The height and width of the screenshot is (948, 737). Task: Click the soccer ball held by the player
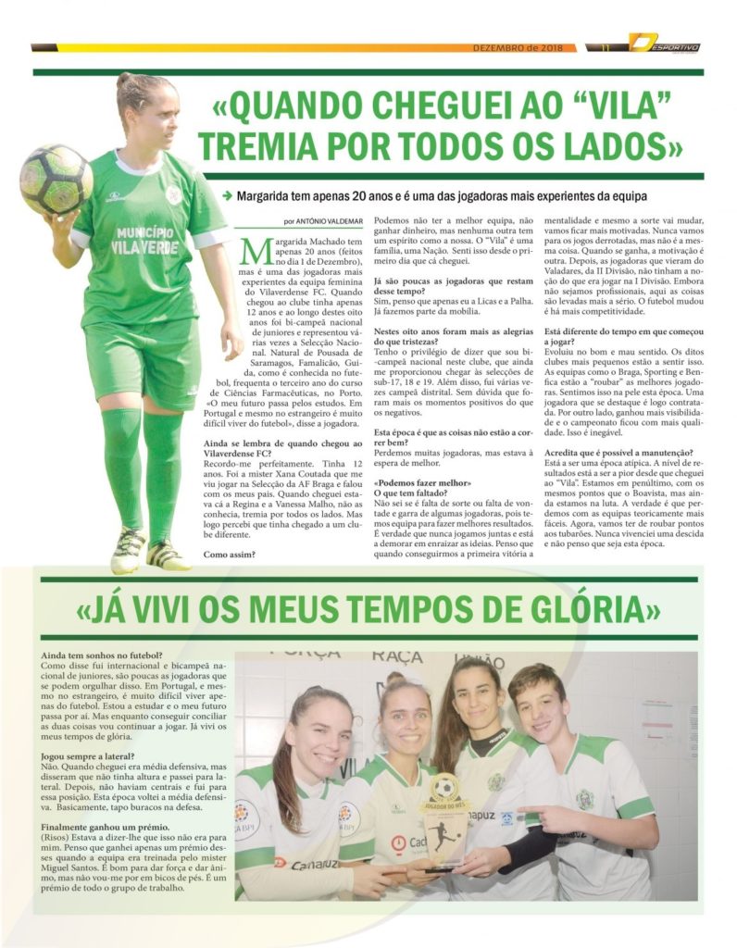click(x=56, y=180)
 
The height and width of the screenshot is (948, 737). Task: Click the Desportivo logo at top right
click(x=665, y=44)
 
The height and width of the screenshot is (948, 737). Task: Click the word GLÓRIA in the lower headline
click(x=588, y=611)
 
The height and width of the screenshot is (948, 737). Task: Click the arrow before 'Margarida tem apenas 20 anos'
click(x=226, y=196)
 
